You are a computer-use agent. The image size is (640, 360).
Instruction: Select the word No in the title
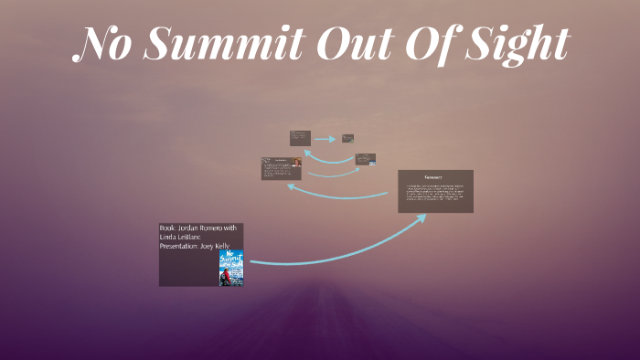click(x=102, y=44)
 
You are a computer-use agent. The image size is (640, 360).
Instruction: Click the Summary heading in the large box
click(x=434, y=175)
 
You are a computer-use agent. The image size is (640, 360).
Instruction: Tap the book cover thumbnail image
click(x=231, y=268)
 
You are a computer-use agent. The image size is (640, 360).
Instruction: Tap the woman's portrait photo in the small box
click(x=296, y=164)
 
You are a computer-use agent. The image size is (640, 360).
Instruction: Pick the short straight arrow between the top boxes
click(x=324, y=139)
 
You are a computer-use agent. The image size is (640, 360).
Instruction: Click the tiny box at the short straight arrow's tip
click(x=348, y=139)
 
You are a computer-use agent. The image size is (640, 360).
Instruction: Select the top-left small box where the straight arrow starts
click(x=300, y=138)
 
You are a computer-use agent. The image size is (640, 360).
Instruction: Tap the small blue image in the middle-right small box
click(x=372, y=163)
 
